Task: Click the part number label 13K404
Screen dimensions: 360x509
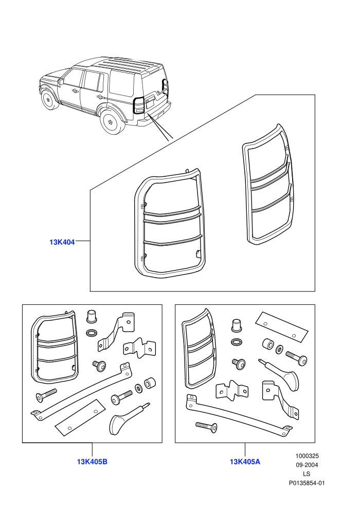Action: (62, 242)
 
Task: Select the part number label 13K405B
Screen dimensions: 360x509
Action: (92, 461)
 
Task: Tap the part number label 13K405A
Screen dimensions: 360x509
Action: (245, 461)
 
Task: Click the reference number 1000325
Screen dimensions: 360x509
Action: (307, 456)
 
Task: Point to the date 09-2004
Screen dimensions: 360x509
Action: (307, 465)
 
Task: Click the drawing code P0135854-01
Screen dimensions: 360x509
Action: (307, 483)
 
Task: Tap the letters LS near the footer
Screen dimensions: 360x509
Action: (307, 474)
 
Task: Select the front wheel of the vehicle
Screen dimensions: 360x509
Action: (48, 100)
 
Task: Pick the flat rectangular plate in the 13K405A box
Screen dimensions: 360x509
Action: (281, 327)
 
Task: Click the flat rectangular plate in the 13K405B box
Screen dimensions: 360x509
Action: (81, 417)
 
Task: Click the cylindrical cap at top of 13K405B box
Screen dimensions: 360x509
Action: (92, 317)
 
